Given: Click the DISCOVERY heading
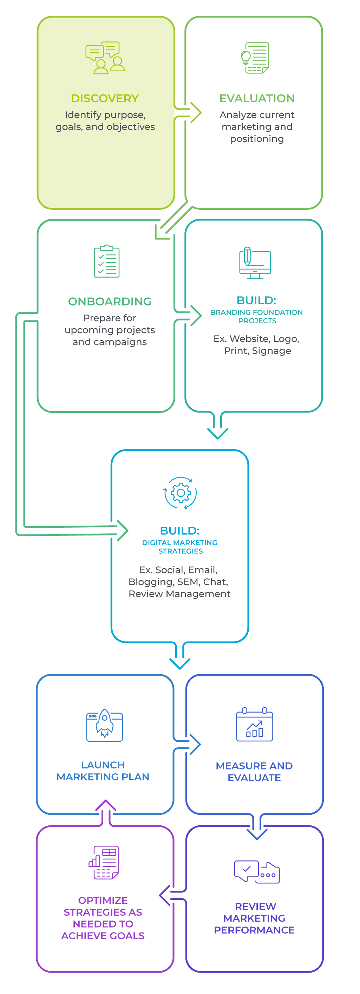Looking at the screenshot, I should coord(105,98).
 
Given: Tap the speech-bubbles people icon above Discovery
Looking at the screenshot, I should coord(105,58).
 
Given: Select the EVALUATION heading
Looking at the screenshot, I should coord(257,98).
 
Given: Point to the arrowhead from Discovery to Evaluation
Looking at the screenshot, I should coord(196,113).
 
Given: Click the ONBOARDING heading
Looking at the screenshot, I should coord(110,301).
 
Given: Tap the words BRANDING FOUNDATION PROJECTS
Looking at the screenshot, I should coord(257,317).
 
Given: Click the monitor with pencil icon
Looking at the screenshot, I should coord(255,262).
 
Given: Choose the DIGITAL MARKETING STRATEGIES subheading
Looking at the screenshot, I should coord(180,547).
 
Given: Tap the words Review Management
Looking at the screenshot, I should coord(179,594).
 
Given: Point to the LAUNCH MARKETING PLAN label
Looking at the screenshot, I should coord(103,771).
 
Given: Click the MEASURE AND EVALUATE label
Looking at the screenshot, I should coord(254,772).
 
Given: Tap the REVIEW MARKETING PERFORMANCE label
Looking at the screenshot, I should coord(255,918).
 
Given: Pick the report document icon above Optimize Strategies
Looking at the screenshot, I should coord(104,863).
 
